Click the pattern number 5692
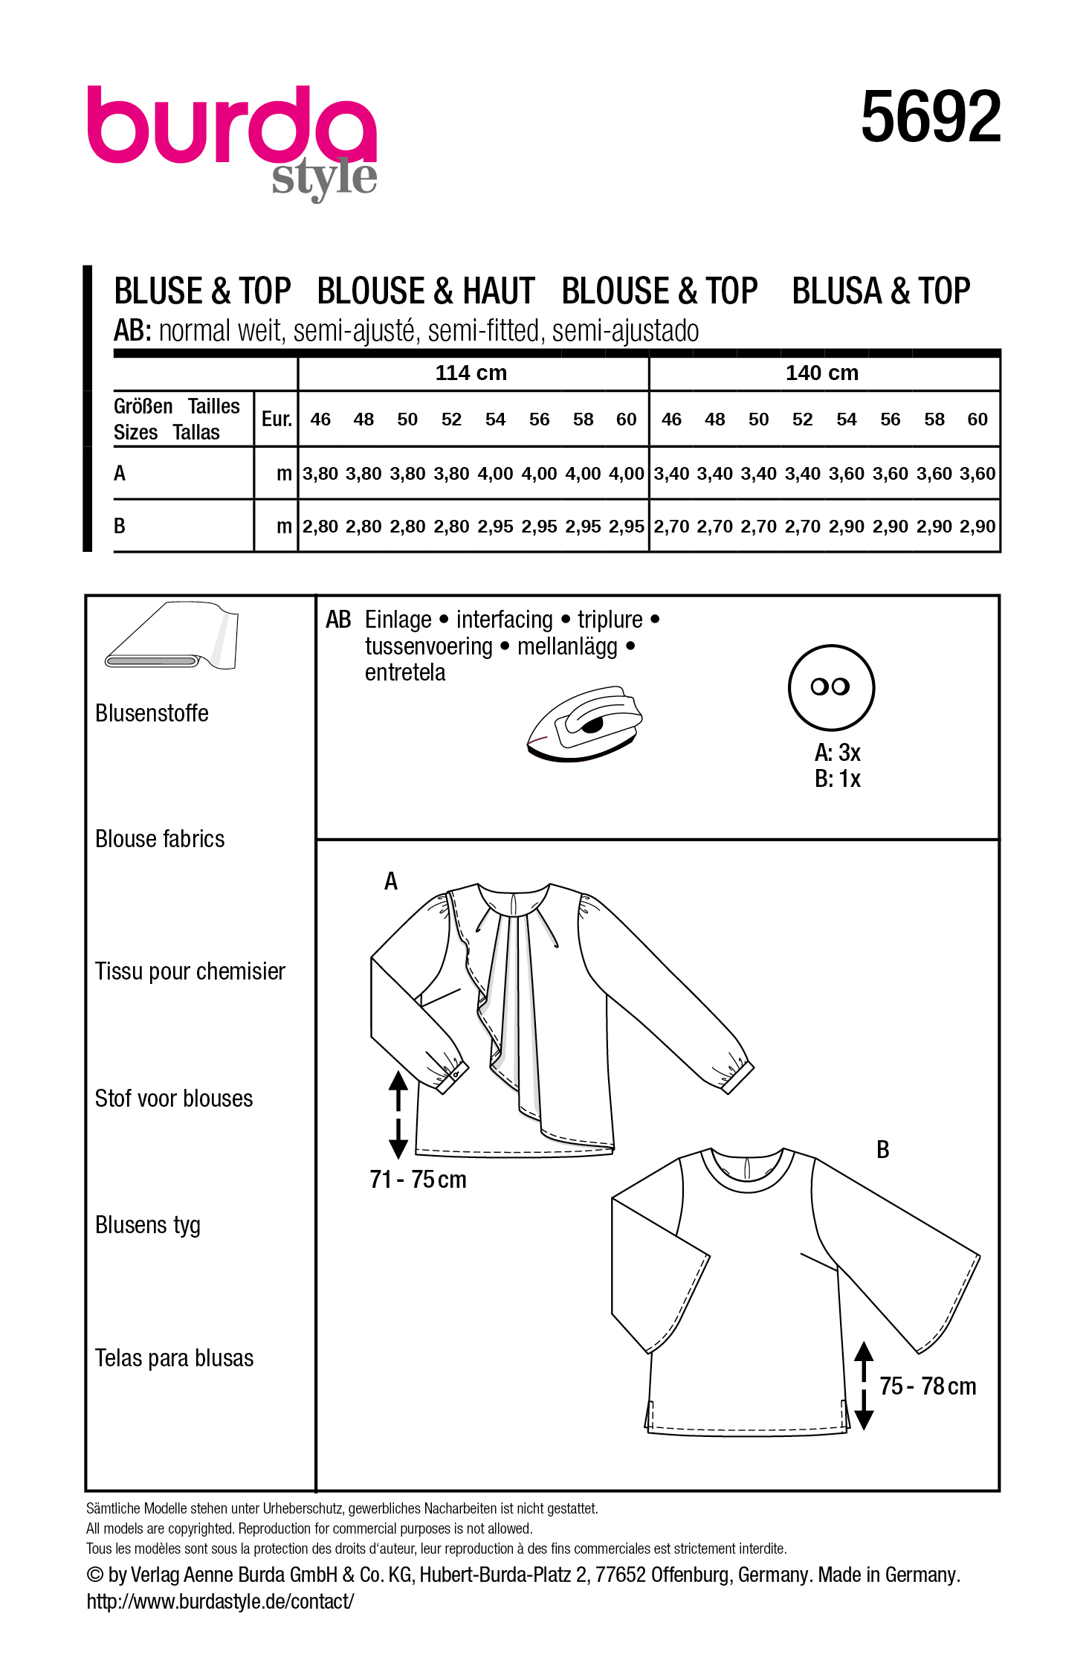(x=930, y=117)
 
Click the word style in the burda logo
(x=324, y=179)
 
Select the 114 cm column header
(x=471, y=373)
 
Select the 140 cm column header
(x=821, y=373)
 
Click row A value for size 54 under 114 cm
(x=495, y=474)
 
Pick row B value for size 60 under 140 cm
(x=977, y=527)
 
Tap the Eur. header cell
(x=277, y=419)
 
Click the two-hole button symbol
(x=830, y=687)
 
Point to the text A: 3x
(x=837, y=753)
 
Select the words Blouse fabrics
(x=160, y=839)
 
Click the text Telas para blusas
(x=174, y=1358)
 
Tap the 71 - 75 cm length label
(x=418, y=1180)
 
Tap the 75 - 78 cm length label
(x=927, y=1386)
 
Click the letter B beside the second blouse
(x=882, y=1150)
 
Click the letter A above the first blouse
(x=391, y=881)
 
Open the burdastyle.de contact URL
(x=220, y=1601)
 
